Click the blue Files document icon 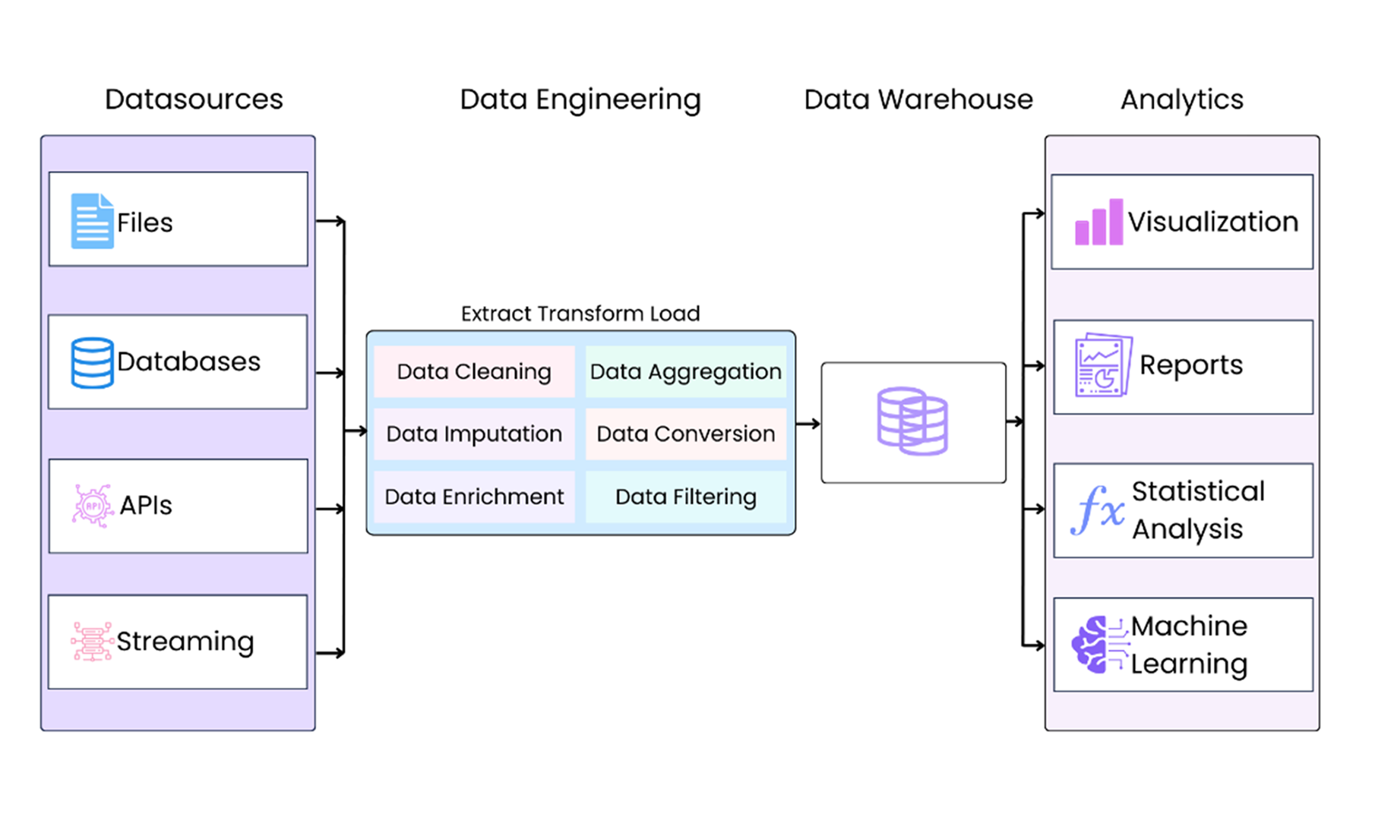point(92,221)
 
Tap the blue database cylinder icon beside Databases point(92,363)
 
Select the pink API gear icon point(92,505)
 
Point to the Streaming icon point(92,642)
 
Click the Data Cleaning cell point(473,371)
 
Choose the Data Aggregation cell point(685,371)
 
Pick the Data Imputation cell point(473,434)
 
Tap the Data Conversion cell point(685,434)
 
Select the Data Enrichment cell point(473,497)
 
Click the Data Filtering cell point(685,497)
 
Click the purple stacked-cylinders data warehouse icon point(912,421)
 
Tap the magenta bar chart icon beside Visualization point(1098,222)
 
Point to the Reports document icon point(1103,365)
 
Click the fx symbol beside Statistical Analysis point(1098,510)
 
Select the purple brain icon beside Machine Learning point(1092,645)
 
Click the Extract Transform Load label point(580,314)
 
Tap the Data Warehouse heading point(918,99)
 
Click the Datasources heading point(194,99)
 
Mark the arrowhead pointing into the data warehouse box point(815,424)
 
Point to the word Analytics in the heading point(1182,99)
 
